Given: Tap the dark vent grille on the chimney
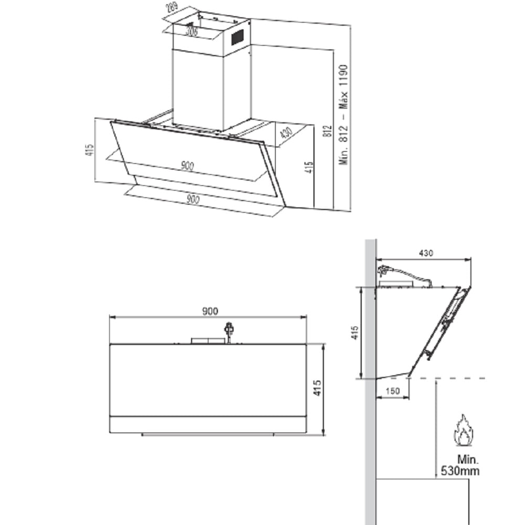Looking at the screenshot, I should (x=238, y=37).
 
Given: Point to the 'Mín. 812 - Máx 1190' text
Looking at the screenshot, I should (x=344, y=114).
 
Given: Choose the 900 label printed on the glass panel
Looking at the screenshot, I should (x=187, y=166).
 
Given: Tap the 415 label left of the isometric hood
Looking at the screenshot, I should (x=90, y=150).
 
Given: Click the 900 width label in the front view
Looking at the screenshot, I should (x=209, y=311).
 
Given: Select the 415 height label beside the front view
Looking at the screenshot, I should (x=317, y=389).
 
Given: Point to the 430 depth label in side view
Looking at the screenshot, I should (x=426, y=253).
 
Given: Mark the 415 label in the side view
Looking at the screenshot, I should (x=355, y=332).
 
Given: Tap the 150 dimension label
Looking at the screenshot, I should (x=392, y=391).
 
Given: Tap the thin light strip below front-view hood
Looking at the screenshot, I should (x=208, y=435).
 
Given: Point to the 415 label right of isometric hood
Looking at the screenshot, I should (x=309, y=167).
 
